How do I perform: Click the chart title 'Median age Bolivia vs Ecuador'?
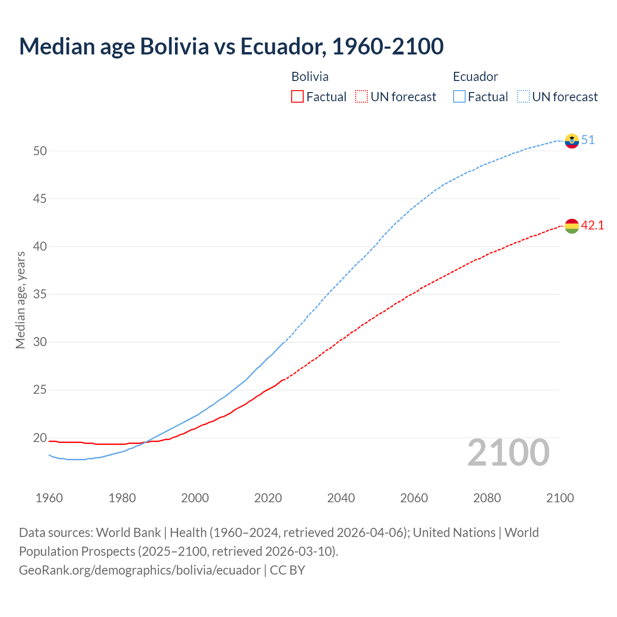(x=231, y=47)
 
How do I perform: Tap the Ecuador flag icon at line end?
(x=572, y=141)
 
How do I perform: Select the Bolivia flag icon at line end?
(x=572, y=226)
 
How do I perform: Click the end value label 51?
(x=588, y=140)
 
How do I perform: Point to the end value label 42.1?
(x=592, y=225)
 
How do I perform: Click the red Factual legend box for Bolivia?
(x=297, y=97)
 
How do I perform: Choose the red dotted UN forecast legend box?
(x=362, y=97)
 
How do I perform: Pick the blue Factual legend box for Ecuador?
(x=459, y=97)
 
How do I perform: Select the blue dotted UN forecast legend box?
(x=523, y=97)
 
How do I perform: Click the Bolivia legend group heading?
(x=310, y=77)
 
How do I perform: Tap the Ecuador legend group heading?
(x=475, y=77)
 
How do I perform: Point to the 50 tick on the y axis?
(x=40, y=151)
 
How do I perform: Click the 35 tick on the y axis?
(x=40, y=294)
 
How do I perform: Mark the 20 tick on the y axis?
(x=40, y=438)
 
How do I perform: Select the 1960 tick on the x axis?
(x=49, y=498)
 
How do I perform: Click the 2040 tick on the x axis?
(x=341, y=498)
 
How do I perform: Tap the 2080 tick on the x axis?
(x=487, y=498)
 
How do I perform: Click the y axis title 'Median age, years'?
(x=20, y=300)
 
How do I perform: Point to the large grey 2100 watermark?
(x=508, y=453)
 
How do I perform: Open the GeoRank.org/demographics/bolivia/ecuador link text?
(x=140, y=570)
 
